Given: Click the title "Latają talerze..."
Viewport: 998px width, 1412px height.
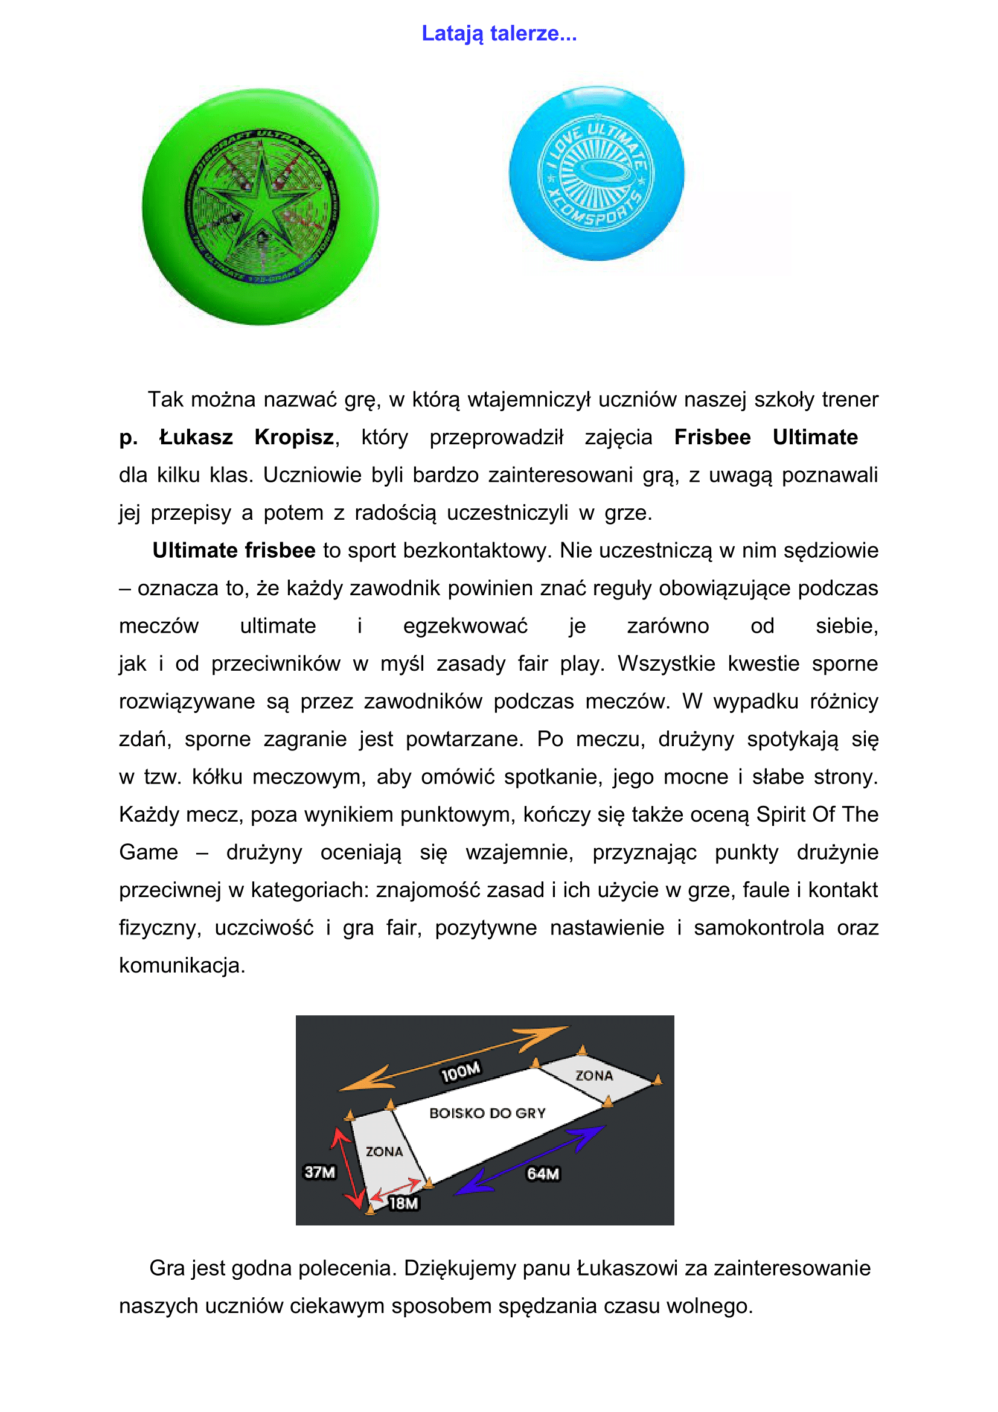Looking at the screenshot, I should coord(499,33).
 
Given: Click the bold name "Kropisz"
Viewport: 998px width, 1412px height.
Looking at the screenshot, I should coord(295,437).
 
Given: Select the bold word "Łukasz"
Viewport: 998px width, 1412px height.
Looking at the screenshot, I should coord(196,437).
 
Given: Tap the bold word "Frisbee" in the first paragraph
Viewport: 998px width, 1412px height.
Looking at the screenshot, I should coord(712,437).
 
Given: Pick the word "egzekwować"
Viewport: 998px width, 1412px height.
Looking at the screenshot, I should coord(465,626).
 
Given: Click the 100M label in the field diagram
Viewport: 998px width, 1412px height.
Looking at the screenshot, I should coord(461,1072).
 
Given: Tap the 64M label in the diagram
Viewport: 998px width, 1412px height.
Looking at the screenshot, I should coord(543,1174).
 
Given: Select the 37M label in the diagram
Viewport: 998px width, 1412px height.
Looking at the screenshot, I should coord(320,1172).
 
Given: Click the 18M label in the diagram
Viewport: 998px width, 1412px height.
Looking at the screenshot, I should coord(403,1203).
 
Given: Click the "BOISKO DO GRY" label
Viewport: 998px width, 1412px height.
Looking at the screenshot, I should coord(487,1113).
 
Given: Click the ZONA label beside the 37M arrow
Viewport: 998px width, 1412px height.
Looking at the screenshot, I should coord(385,1151).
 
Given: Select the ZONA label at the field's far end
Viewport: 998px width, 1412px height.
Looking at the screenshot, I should coord(594,1076).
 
